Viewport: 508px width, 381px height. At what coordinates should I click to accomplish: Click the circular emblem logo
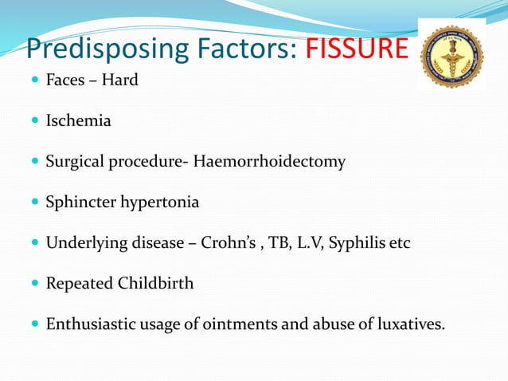coord(451,56)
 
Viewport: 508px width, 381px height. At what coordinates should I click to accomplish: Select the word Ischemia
coord(78,121)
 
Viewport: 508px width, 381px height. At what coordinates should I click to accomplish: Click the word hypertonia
coord(159,202)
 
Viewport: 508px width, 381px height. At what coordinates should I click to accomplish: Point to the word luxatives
coord(406,324)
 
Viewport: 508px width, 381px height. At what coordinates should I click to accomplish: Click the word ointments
coord(231,324)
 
